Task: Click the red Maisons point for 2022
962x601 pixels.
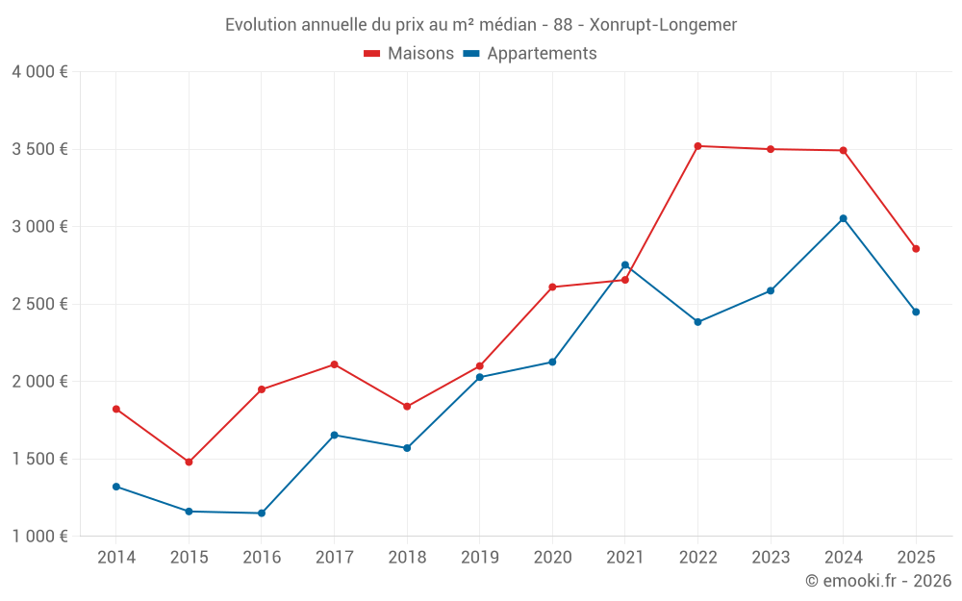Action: point(697,146)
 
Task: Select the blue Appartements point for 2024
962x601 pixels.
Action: point(843,218)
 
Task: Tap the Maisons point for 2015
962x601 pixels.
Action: point(189,463)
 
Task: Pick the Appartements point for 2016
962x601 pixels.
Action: point(262,513)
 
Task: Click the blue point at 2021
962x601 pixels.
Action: point(624,265)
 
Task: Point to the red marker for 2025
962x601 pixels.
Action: point(916,249)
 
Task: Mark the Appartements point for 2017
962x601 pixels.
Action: point(334,436)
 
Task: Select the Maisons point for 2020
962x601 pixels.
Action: point(552,287)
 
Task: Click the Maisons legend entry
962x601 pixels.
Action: point(409,54)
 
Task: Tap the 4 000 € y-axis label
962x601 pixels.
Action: point(39,72)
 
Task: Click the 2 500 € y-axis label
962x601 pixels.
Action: point(39,304)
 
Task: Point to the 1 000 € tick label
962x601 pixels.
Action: point(39,537)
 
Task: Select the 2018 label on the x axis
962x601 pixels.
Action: point(407,557)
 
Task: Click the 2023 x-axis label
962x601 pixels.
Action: point(771,557)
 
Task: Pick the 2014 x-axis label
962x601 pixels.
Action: point(116,557)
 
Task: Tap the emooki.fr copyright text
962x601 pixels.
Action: point(878,581)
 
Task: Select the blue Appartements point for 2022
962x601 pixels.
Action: point(697,322)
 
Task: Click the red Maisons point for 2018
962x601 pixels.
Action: point(407,407)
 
